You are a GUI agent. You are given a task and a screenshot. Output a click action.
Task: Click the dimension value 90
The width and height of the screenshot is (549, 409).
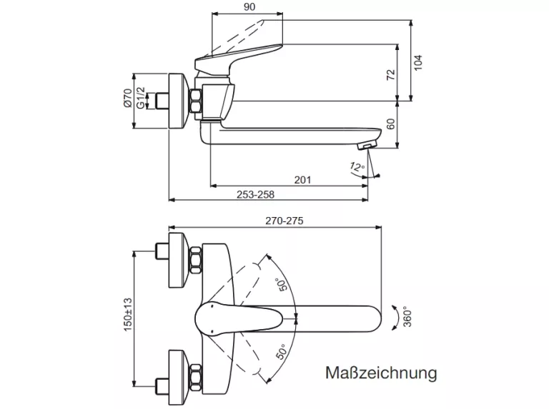coord(249,6)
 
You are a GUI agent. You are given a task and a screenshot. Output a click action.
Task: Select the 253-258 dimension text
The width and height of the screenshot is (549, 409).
coord(256,193)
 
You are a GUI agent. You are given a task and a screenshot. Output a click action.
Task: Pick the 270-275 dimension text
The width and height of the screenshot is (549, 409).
coord(285,221)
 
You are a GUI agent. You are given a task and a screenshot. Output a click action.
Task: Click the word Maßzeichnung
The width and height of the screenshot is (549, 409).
coord(380,373)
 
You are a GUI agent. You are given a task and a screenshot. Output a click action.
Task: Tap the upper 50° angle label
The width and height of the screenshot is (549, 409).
coord(284,284)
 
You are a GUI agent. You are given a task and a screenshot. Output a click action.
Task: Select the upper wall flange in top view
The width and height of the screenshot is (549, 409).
coord(179,260)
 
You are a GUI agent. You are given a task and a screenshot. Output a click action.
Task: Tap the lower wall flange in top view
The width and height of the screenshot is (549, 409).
coord(179,371)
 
